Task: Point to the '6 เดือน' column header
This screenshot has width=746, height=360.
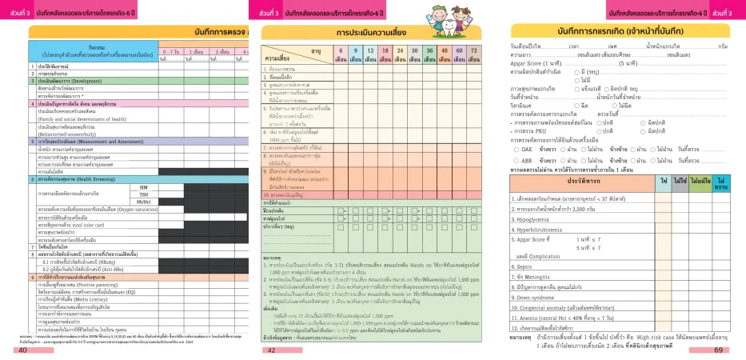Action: click(x=340, y=54)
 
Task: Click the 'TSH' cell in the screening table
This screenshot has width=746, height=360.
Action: click(x=143, y=194)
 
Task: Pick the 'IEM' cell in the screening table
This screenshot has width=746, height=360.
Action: click(x=143, y=187)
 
